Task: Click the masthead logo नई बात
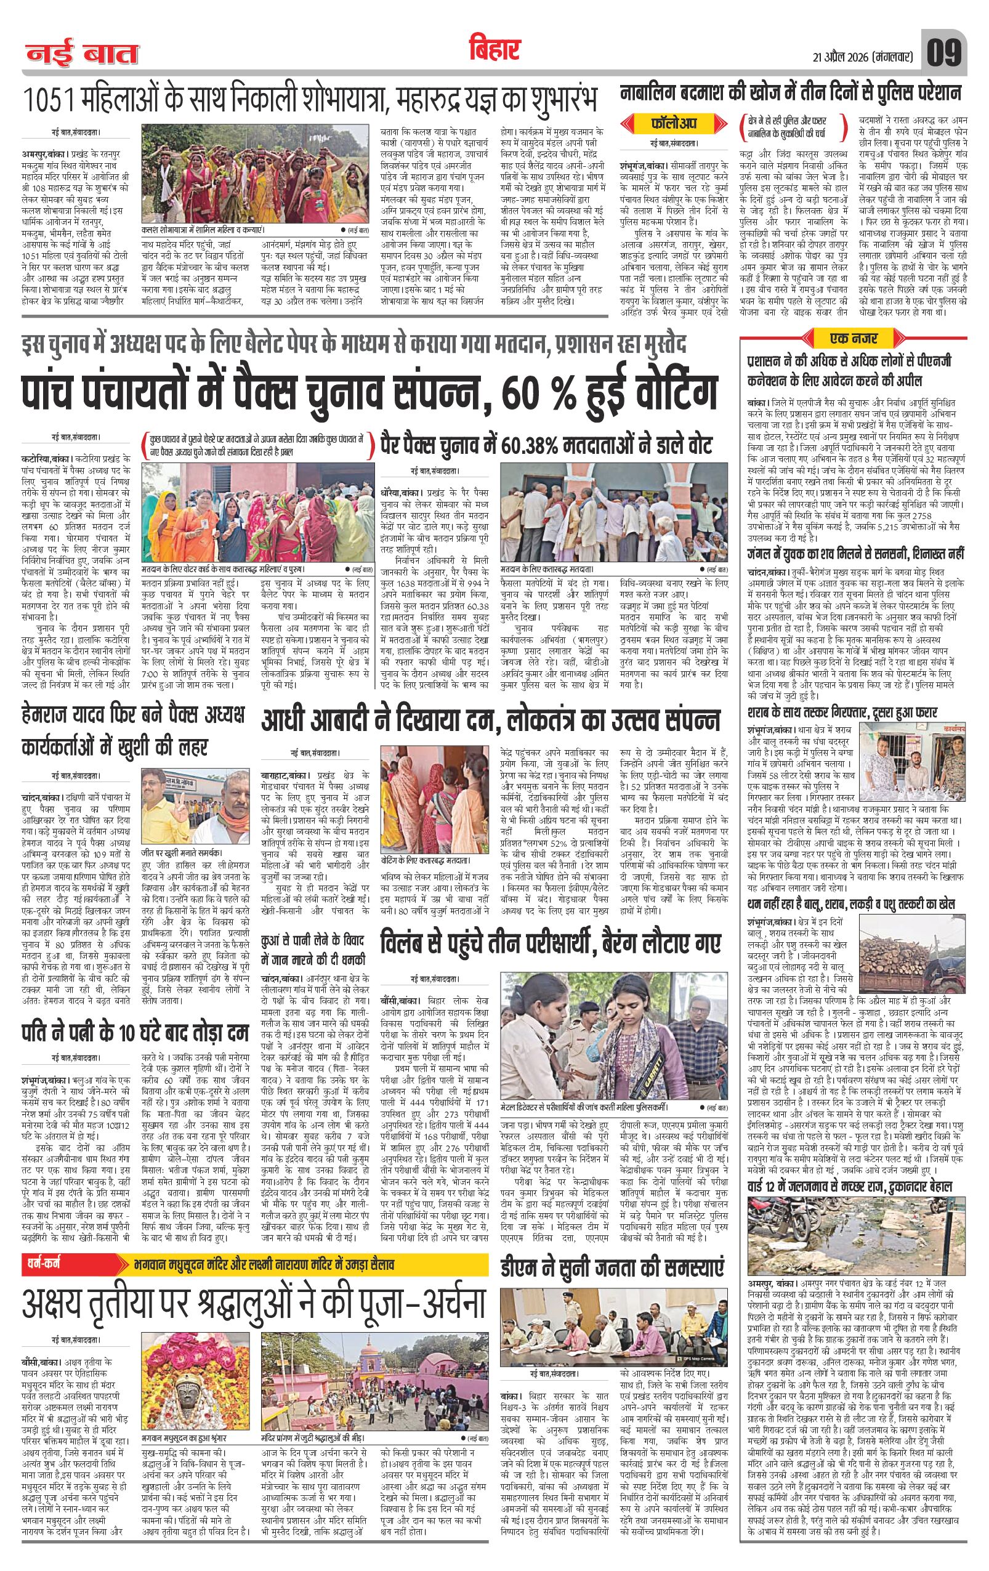(82, 54)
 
